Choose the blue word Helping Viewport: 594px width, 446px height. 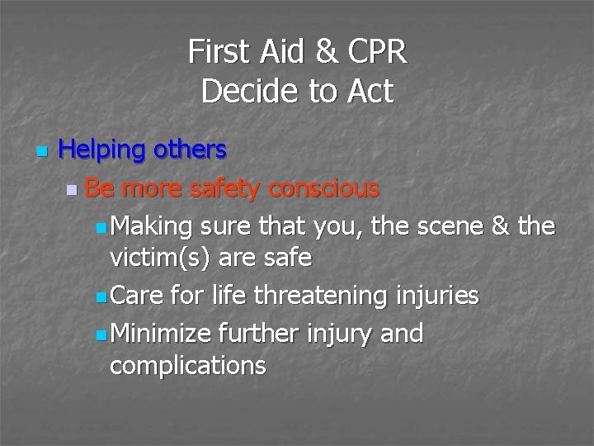point(102,150)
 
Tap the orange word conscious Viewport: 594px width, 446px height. point(327,188)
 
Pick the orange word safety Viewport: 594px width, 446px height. point(227,188)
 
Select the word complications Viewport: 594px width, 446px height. point(187,365)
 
